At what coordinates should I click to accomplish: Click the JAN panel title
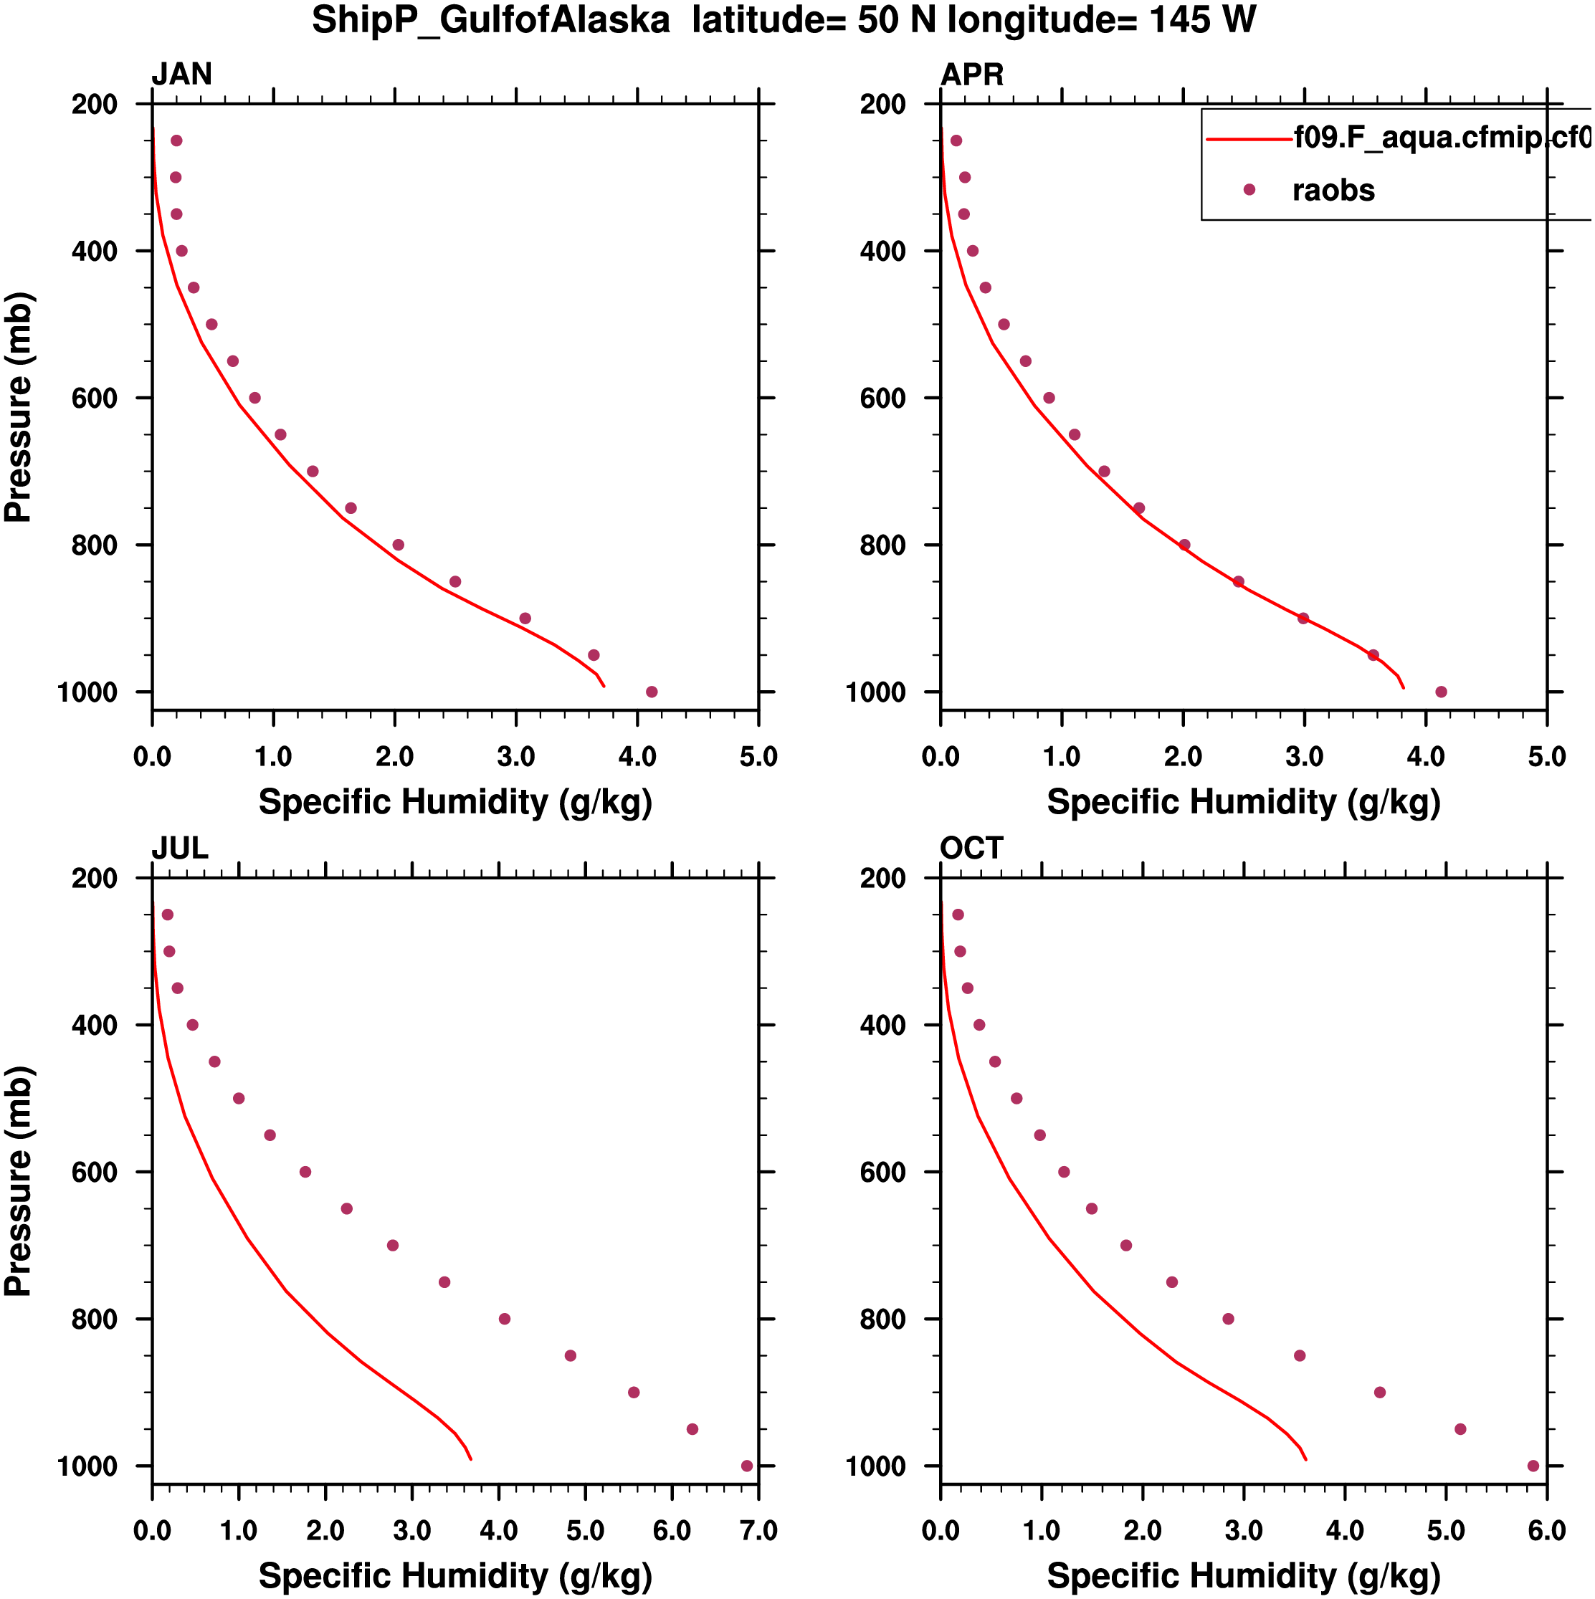click(x=181, y=75)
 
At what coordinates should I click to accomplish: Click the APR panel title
click(x=972, y=75)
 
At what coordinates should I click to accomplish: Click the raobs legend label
click(x=1333, y=191)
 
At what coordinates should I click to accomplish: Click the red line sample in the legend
click(x=1249, y=139)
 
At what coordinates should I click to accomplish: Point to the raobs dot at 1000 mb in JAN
click(x=652, y=692)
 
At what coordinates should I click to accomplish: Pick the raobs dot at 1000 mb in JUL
click(x=746, y=1466)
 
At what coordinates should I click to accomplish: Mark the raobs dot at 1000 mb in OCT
click(x=1533, y=1466)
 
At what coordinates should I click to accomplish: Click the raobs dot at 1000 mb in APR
click(x=1441, y=692)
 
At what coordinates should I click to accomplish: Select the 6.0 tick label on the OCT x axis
click(x=1546, y=1531)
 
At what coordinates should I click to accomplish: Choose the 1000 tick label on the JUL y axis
click(x=87, y=1466)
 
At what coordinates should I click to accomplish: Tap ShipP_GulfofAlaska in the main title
click(x=490, y=20)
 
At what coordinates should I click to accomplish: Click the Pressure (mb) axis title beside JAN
click(x=18, y=406)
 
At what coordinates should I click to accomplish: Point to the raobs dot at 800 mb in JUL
click(x=505, y=1319)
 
